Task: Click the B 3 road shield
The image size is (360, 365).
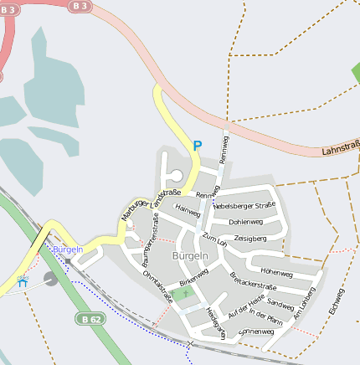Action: tap(80, 5)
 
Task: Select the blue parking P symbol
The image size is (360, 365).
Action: tap(198, 146)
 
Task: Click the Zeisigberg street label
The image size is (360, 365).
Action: tap(250, 239)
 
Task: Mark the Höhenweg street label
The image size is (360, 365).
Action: tap(276, 273)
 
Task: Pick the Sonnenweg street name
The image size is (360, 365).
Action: tap(256, 332)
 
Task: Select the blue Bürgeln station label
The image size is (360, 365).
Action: tap(68, 249)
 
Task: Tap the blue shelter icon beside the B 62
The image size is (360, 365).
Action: tap(22, 282)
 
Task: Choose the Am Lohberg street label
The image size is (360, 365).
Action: tap(304, 304)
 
